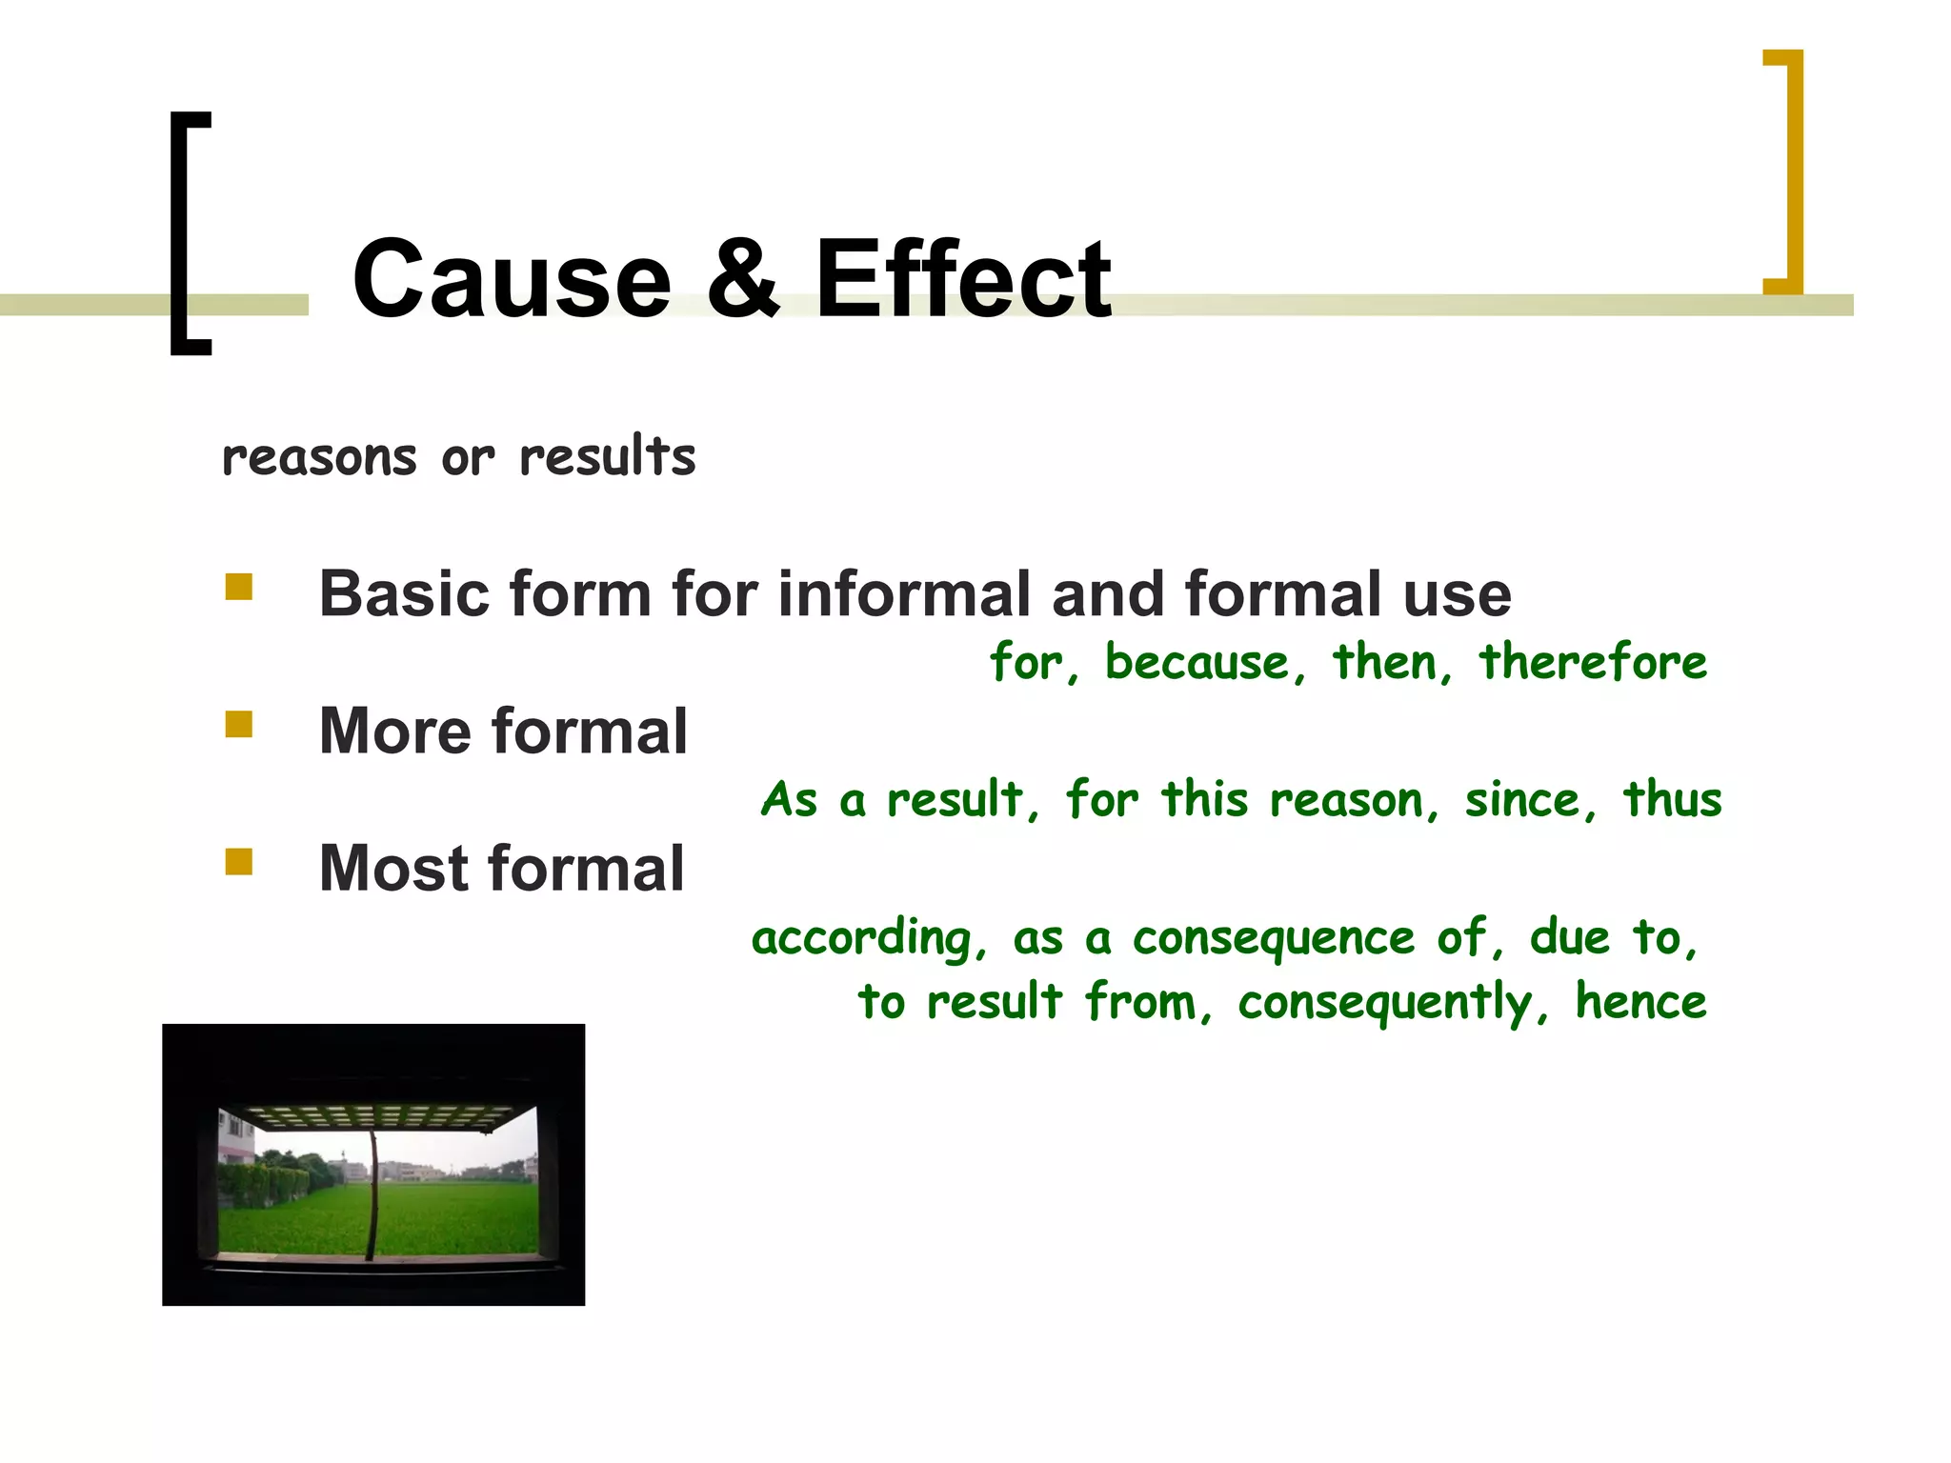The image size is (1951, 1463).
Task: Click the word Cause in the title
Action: pos(512,280)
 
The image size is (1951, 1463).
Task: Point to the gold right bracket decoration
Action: pos(1791,171)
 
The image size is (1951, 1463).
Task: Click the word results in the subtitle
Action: pos(607,456)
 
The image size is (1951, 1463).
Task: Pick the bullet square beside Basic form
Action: pos(239,587)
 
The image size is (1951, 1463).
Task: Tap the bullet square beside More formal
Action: pos(239,725)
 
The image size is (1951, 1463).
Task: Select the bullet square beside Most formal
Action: pos(239,862)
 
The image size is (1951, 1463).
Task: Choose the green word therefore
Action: pos(1592,662)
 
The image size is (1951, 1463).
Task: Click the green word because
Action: pos(1197,662)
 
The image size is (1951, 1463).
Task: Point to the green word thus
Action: pos(1672,799)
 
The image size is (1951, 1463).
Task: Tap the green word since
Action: pos(1521,799)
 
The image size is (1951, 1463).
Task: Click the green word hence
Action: pos(1639,1002)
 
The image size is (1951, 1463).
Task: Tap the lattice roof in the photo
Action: pos(376,1117)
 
